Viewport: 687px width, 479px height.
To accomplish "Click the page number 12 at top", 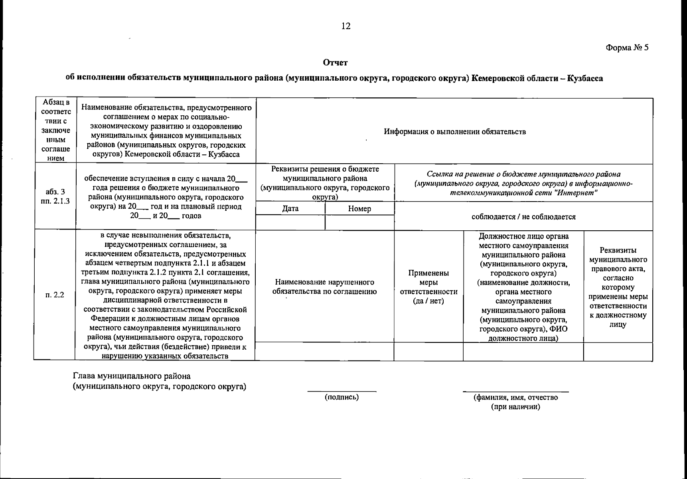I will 345,26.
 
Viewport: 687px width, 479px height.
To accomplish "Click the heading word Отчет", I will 335,63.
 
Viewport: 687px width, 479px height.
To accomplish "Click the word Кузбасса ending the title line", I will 585,79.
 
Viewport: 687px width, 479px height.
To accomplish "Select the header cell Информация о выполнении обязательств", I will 454,132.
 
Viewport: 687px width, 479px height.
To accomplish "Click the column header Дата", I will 290,208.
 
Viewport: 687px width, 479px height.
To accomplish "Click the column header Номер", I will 359,208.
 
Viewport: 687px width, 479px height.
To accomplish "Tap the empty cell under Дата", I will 290,222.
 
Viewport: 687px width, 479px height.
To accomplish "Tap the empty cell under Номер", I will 359,222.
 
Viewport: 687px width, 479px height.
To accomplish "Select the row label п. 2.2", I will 55,295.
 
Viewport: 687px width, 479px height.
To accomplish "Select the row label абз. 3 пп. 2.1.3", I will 55,196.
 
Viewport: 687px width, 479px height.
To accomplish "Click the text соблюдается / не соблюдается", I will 523,217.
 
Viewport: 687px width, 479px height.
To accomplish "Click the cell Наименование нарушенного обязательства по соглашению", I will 324,287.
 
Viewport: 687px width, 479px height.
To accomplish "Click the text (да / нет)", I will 428,301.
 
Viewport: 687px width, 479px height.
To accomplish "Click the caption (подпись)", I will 342,397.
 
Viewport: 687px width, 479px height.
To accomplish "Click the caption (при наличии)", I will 515,407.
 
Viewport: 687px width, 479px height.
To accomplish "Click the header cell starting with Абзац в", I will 55,130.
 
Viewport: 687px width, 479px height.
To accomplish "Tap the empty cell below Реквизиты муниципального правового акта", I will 618,352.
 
